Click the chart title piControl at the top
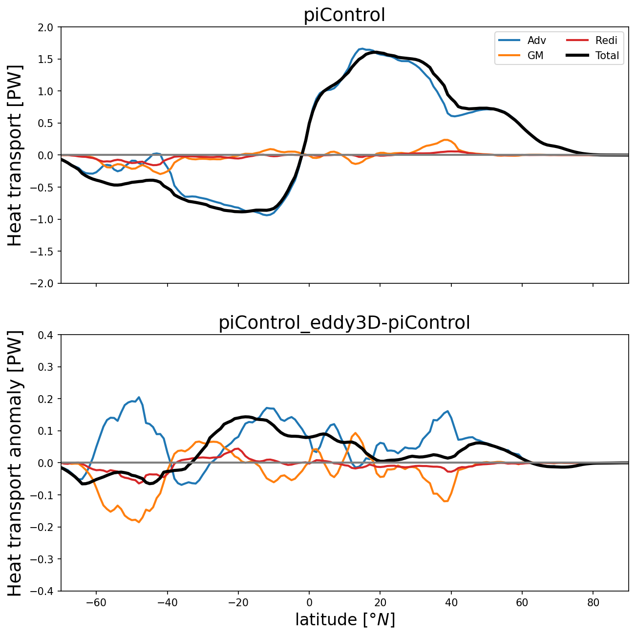tap(344, 15)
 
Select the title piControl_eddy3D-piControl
tap(344, 323)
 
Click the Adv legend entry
tap(536, 41)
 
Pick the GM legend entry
tap(535, 56)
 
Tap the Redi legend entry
tap(606, 41)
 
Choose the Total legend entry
tap(607, 56)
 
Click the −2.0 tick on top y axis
tap(46, 283)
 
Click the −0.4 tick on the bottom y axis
tap(46, 591)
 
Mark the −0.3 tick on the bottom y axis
tap(46, 559)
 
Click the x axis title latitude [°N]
tap(344, 619)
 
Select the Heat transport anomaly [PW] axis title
tap(16, 463)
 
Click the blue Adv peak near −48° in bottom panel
tap(139, 397)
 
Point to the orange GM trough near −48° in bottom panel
tap(139, 522)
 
